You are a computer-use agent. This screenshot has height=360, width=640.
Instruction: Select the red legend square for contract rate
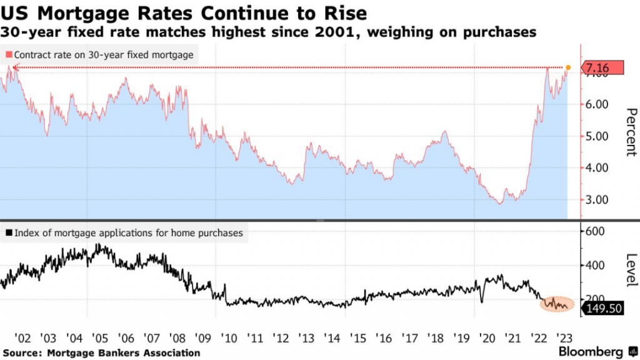coord(7,55)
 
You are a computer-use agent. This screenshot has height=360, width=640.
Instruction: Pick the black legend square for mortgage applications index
coord(7,234)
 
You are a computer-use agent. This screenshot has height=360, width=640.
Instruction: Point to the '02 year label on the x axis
coord(23,338)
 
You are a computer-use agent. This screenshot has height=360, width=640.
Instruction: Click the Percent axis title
coord(631,132)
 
